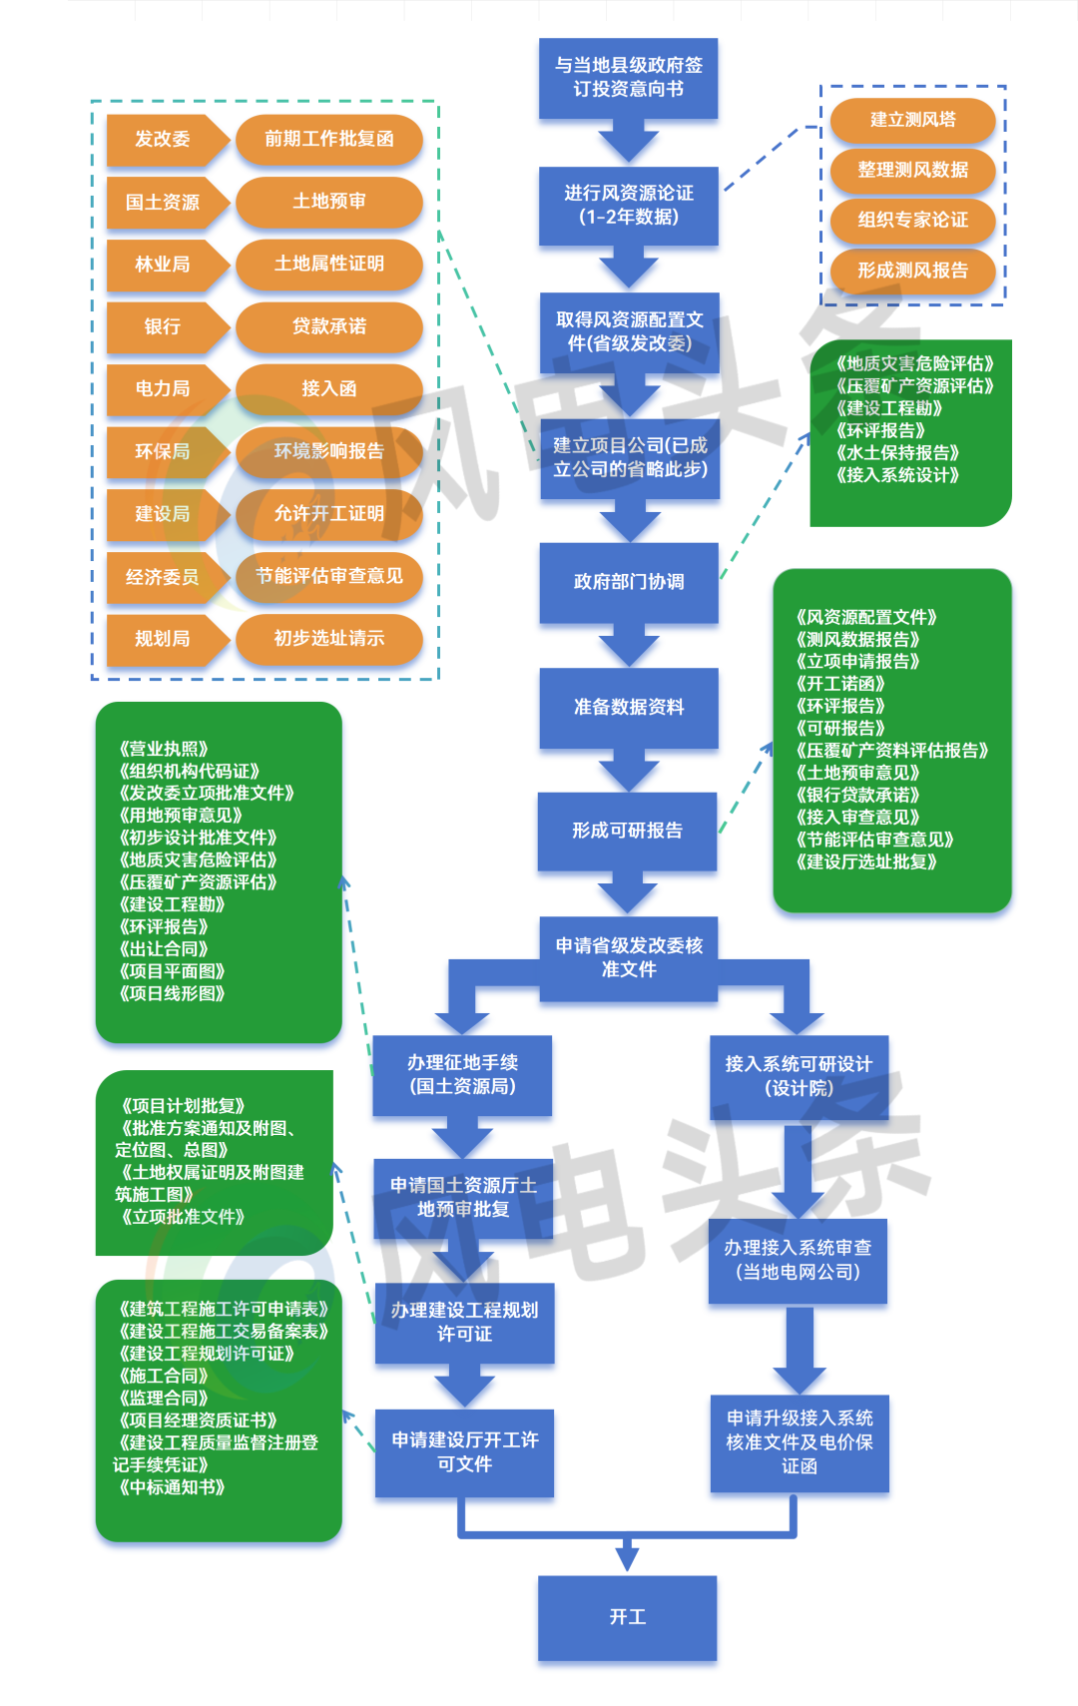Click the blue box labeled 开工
pos(627,1617)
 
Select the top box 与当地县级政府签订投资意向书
pos(628,78)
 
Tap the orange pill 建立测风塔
pos(912,120)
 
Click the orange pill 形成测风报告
pos(912,271)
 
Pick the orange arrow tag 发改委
pos(163,140)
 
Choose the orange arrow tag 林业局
pos(163,265)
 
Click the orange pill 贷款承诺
pos(328,326)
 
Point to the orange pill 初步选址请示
pos(328,639)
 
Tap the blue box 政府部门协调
pos(628,582)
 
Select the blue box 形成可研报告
pos(627,831)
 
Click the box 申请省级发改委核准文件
pos(628,957)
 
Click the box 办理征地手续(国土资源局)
pos(462,1075)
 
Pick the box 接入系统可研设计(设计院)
pos(799,1076)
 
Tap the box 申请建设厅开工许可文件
pos(464,1452)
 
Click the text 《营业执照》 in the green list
pos(164,749)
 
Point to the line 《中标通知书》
pos(172,1487)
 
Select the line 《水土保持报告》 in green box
pos(897,453)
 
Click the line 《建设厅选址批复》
pos(866,862)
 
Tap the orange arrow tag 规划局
pos(163,639)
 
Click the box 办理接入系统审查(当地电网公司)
pos(798,1260)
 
